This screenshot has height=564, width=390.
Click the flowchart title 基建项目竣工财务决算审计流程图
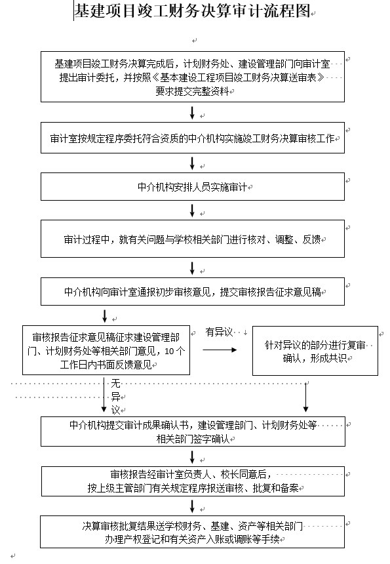(x=192, y=11)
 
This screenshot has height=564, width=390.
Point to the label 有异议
(x=219, y=332)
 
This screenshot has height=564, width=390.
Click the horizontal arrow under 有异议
(x=220, y=350)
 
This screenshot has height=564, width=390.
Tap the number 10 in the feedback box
(x=169, y=351)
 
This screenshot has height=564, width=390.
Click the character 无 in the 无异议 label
(x=115, y=384)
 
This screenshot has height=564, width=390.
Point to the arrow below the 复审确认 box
(x=306, y=397)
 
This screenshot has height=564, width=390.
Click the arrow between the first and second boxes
(x=192, y=113)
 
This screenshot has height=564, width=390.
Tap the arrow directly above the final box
(x=192, y=506)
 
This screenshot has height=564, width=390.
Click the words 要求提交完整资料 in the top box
(x=192, y=91)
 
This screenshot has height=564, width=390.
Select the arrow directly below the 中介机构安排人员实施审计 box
(x=192, y=211)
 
